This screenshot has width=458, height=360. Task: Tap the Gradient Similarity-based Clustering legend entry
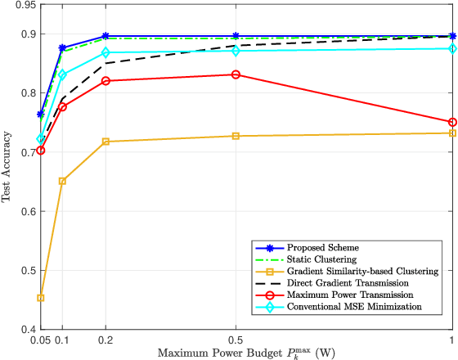point(344,271)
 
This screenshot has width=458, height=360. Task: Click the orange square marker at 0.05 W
point(41,298)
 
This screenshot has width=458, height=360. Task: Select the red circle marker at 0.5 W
point(236,74)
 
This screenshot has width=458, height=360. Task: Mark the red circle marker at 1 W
point(452,122)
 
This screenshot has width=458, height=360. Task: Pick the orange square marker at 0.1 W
point(62,181)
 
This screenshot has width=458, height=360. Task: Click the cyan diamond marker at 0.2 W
point(106,53)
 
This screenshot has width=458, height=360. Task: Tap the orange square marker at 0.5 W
point(236,136)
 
